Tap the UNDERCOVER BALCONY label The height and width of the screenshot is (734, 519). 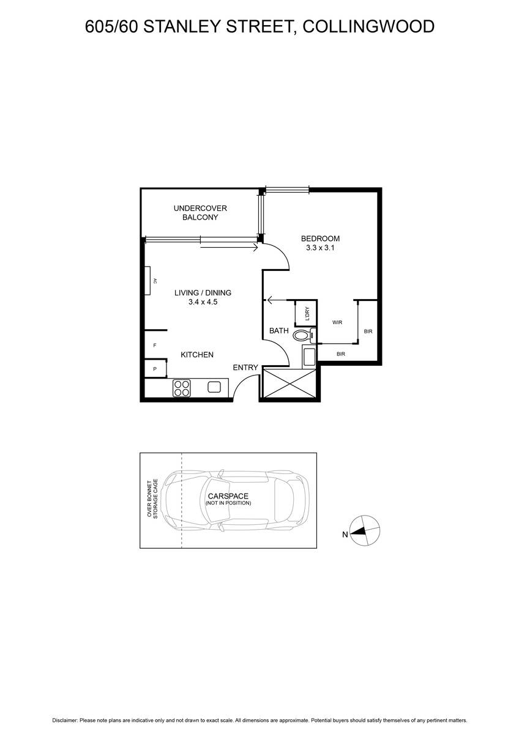point(200,213)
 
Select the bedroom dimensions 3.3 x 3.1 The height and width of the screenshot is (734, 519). point(319,248)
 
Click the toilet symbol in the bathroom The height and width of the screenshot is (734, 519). point(302,335)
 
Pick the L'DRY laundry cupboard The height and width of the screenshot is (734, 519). point(306,314)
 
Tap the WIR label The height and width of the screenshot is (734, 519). point(337,322)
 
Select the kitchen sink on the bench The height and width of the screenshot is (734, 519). point(214,387)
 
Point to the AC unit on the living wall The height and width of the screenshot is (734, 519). point(148,281)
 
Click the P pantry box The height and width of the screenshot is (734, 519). point(155,369)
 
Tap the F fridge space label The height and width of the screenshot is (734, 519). point(155,346)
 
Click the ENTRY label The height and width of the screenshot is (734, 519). point(245,368)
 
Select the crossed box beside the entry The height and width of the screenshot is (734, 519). point(288,383)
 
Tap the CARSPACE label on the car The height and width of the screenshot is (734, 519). point(228,495)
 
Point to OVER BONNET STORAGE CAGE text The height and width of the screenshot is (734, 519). point(152,498)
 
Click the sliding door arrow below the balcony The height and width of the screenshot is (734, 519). point(228,247)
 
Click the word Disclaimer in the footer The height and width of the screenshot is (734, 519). point(64,721)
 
